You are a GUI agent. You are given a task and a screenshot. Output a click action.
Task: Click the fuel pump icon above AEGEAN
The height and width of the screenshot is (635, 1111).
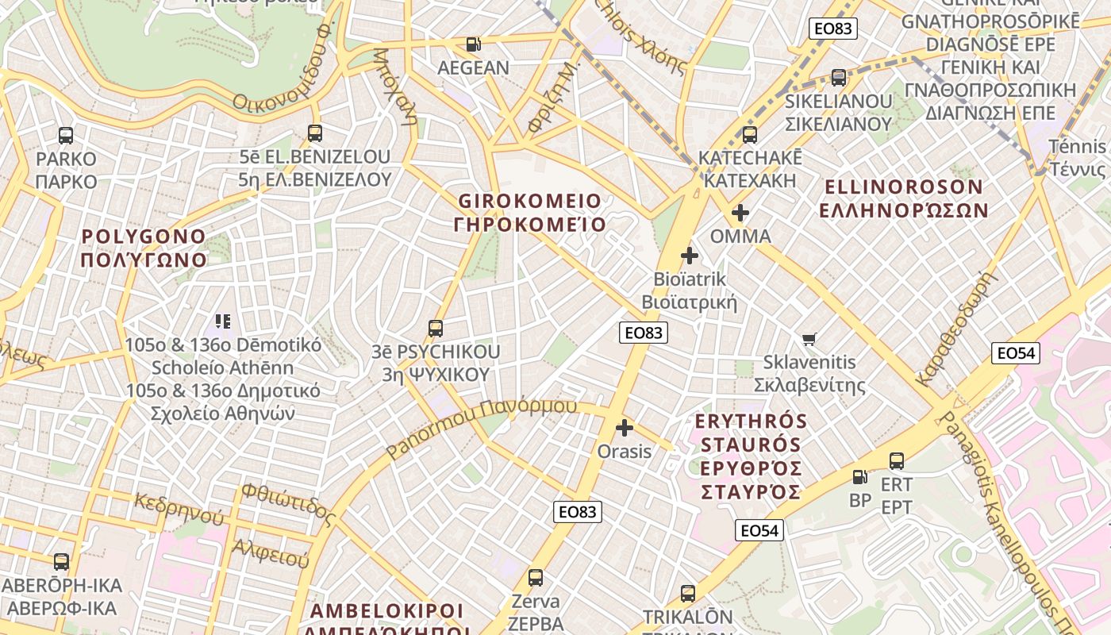(473, 44)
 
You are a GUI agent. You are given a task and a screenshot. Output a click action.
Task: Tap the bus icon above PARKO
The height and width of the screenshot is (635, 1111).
(66, 135)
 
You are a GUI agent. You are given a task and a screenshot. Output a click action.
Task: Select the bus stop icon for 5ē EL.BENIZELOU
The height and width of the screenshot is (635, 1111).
(315, 133)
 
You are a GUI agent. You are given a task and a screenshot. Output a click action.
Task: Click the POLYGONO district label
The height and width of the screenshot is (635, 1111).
(144, 248)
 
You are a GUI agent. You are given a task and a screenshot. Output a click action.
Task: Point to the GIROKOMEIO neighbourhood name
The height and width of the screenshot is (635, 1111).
(529, 212)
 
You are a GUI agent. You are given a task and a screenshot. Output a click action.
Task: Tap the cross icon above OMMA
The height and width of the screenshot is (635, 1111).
(740, 213)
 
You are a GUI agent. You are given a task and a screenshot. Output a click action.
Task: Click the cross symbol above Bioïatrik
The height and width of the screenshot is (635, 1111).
(690, 256)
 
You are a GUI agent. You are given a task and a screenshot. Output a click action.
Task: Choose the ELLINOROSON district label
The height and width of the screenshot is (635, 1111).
(904, 198)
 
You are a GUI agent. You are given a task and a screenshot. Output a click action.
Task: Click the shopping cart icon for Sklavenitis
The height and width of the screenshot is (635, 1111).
(809, 340)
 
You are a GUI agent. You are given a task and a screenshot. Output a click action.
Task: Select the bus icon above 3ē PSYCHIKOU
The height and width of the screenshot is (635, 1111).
(435, 328)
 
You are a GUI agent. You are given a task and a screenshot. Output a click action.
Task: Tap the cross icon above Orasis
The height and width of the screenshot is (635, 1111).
(625, 428)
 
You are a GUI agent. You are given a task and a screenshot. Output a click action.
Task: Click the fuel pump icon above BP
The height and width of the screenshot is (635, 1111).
(859, 477)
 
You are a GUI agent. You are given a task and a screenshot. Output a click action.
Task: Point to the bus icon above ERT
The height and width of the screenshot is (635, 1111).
(897, 460)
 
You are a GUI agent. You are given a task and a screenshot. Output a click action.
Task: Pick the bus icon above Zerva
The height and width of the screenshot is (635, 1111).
(536, 577)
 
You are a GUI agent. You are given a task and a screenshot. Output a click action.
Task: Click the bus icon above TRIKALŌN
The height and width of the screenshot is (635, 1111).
(688, 593)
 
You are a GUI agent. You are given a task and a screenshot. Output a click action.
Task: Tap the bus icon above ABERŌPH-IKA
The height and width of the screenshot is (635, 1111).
(61, 562)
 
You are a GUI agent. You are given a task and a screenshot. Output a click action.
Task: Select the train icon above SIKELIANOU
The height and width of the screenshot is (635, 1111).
(839, 78)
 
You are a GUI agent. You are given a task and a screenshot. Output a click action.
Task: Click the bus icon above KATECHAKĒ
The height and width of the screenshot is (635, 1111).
(750, 134)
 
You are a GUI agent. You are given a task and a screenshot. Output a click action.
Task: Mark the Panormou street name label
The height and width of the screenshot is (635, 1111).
(482, 429)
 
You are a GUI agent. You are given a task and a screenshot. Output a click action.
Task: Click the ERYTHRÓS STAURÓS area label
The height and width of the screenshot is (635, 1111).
(751, 456)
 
